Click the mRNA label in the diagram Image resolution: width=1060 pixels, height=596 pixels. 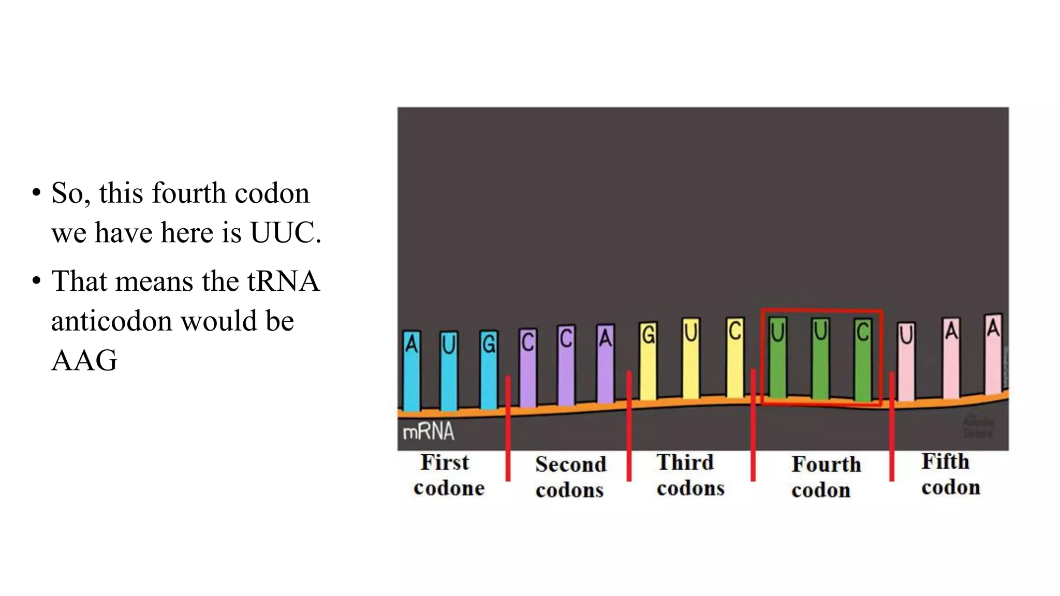428,431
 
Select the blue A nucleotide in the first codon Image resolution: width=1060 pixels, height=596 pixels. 411,370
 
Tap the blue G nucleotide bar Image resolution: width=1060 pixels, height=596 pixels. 489,370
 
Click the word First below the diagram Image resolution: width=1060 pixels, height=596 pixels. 444,463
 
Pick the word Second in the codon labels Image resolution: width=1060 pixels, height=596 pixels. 570,465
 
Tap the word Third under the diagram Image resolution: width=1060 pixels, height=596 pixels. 685,463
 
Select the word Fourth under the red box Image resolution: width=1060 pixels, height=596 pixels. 826,465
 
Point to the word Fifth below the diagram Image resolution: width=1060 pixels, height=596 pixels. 945,461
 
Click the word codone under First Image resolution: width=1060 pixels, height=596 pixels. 449,488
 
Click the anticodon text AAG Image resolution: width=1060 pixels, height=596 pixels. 84,361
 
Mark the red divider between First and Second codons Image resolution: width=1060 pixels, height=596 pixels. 508,428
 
